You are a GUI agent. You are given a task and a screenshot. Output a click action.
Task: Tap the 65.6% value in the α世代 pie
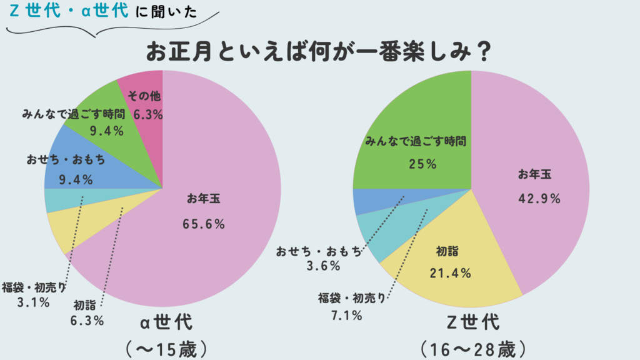[x=204, y=224]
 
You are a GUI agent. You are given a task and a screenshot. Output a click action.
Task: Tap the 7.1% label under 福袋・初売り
[x=347, y=316]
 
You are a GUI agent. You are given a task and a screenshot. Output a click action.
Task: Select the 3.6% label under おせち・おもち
[x=323, y=266]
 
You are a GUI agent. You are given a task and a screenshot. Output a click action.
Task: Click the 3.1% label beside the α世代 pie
[x=34, y=303]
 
